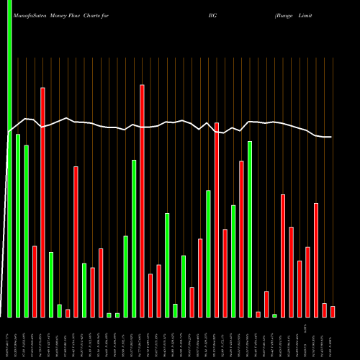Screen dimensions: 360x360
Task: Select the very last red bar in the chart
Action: tap(333, 311)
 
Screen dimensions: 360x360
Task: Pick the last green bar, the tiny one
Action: tap(274, 315)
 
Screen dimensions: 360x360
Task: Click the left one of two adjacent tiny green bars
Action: tap(109, 315)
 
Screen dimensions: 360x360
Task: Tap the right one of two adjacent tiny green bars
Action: tap(117, 315)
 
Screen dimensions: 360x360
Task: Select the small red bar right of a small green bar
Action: tap(68, 312)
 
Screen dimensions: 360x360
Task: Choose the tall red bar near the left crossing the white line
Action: tap(42, 202)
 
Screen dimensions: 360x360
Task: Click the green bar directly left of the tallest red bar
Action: tap(134, 238)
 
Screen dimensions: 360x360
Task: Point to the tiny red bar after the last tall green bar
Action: tap(258, 314)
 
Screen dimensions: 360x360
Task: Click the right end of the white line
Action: tap(331, 137)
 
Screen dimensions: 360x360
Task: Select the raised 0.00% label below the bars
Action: tap(307, 326)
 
